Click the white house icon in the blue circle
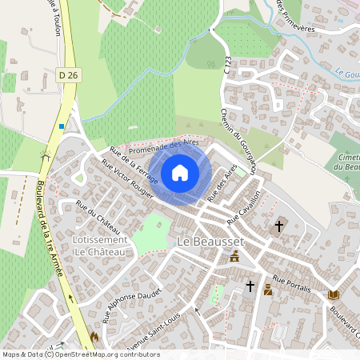coord(180,173)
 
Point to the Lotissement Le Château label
coord(99,246)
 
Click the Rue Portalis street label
coord(290,282)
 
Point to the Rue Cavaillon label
coord(245,207)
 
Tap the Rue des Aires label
coord(222,183)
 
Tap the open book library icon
coord(334,295)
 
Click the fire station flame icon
coord(94,338)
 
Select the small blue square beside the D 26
coord(62,126)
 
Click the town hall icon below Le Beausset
coord(235,257)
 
